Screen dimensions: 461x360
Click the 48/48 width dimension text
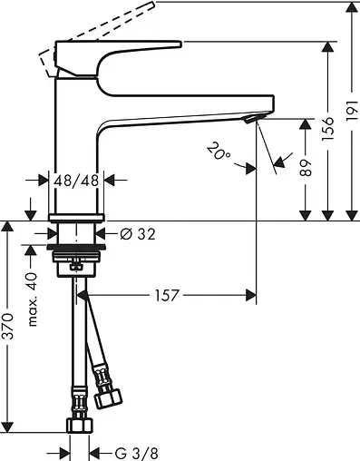[76, 181]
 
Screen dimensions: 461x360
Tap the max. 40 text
[33, 299]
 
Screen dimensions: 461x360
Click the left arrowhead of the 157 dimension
[89, 293]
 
